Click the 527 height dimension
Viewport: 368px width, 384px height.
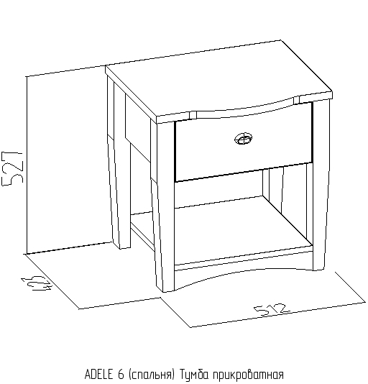click(12, 168)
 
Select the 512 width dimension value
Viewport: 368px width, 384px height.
click(272, 309)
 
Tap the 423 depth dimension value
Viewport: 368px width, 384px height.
click(37, 283)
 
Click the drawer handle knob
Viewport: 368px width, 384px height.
click(243, 139)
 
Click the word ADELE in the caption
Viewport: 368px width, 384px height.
click(99, 375)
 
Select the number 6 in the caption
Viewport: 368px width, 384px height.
click(121, 375)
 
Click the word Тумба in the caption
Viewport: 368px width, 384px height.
click(194, 375)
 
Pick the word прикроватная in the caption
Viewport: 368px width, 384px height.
click(248, 375)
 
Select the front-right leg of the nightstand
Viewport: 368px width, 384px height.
click(321, 183)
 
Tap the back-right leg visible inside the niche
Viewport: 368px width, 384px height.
click(266, 183)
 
